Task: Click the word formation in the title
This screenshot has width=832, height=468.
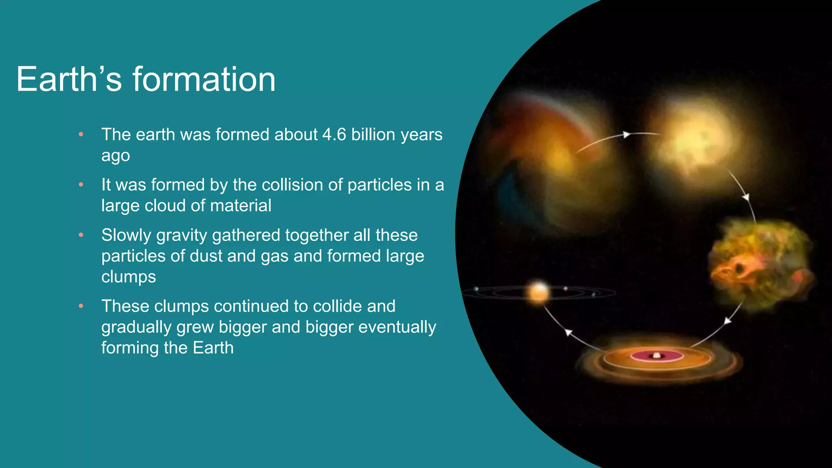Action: [x=204, y=79]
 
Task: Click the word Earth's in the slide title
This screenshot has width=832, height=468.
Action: [x=69, y=79]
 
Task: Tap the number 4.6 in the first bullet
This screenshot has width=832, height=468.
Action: [x=334, y=134]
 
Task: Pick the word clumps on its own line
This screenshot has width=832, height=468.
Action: [x=128, y=277]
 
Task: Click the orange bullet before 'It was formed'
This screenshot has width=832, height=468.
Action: [x=81, y=185]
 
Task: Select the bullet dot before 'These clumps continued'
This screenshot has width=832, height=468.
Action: [x=81, y=306]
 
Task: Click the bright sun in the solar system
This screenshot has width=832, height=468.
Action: [x=539, y=292]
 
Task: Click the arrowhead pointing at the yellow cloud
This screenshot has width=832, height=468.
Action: [x=627, y=134]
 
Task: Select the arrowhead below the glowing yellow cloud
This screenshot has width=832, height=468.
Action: [x=746, y=197]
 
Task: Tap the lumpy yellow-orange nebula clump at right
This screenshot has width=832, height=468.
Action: [x=760, y=264]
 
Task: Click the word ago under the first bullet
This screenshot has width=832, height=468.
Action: [x=116, y=156]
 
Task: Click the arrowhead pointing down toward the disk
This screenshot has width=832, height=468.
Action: [x=728, y=321]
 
